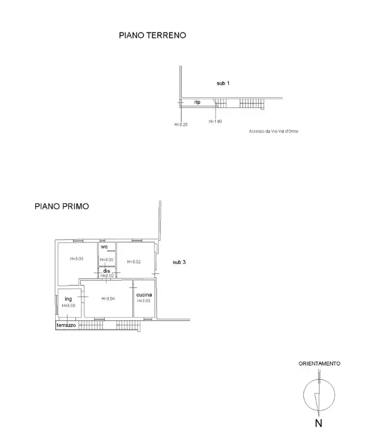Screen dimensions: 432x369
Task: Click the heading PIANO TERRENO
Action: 152,35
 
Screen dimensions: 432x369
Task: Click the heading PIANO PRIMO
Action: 62,206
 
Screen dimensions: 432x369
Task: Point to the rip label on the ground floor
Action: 196,103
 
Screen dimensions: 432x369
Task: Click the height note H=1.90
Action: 215,121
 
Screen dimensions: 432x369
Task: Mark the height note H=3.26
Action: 181,124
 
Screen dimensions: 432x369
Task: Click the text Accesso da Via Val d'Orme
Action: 273,131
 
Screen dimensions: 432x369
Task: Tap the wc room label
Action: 104,247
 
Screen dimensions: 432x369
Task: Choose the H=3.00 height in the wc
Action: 107,260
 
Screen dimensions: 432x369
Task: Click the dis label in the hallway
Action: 106,271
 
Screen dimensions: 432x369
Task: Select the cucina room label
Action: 144,295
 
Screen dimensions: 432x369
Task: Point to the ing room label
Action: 68,298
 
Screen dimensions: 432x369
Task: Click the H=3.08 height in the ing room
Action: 68,305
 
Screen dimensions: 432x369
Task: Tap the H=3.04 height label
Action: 108,298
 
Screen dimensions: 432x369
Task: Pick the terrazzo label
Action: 66,325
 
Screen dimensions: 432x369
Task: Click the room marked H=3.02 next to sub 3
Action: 134,262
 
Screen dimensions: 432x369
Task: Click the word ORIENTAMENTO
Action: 320,364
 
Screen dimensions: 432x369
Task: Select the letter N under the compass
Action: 319,422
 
